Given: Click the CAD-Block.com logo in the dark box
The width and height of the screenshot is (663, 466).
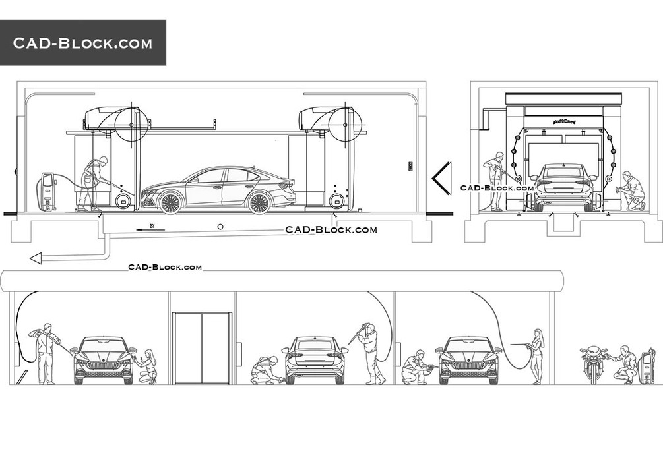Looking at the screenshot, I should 82,44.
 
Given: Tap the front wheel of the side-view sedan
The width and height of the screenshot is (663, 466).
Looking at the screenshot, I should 170,202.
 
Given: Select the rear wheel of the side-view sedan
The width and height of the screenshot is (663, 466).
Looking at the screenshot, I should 259,202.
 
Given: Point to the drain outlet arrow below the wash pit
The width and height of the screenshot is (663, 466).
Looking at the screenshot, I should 36,258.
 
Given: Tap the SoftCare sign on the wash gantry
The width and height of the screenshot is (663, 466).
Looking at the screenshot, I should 563,121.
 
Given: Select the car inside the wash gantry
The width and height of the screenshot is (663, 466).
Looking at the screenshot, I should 563,187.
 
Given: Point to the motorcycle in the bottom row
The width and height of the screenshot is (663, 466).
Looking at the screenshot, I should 592,364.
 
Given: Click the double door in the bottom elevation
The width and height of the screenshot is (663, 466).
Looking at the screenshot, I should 202,348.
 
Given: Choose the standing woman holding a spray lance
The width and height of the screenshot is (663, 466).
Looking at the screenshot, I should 536,356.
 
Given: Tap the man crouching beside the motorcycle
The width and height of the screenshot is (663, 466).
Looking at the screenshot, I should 624,364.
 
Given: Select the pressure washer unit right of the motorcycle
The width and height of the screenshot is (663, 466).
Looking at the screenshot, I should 647,366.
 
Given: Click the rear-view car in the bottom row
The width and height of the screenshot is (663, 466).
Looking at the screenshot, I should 315,360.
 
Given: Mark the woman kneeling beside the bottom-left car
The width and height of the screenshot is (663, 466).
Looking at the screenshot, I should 147,366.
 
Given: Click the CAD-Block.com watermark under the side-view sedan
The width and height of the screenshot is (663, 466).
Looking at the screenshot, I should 331,230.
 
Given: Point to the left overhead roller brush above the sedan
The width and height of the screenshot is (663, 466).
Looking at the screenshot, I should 131,123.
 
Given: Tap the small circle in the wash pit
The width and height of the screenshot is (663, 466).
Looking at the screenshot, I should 220,227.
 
